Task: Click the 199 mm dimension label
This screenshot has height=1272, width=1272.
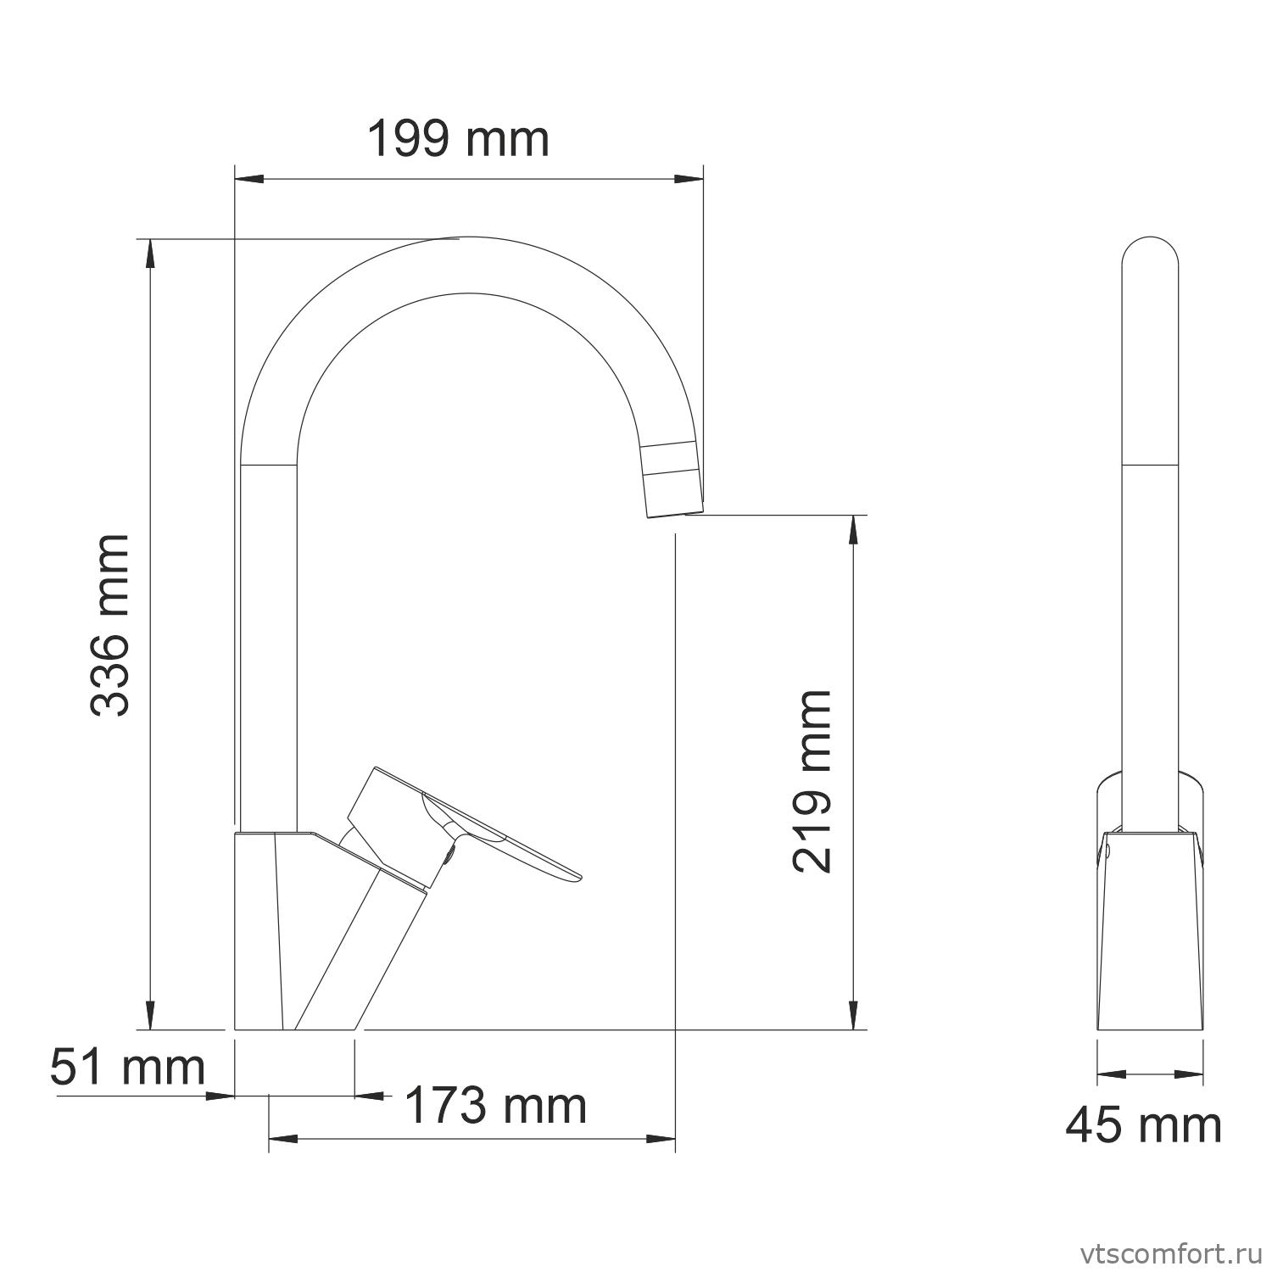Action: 458,139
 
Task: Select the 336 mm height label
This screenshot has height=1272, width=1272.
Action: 110,625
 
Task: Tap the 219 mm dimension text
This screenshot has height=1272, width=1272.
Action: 812,781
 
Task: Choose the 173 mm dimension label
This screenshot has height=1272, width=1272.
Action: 495,1105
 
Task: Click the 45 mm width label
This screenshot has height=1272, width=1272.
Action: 1143,1125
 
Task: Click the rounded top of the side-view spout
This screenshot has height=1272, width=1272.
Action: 1150,250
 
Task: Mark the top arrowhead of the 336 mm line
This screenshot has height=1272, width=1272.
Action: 150,253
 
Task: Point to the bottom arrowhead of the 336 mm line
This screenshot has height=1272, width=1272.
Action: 150,1016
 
